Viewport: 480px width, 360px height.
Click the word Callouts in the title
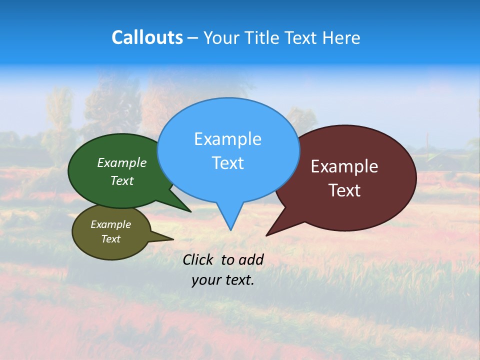[x=147, y=37]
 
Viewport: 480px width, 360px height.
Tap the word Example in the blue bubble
[x=227, y=139]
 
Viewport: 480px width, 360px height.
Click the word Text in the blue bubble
[x=227, y=163]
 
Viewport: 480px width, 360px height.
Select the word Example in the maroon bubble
[x=344, y=166]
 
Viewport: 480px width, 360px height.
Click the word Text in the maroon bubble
[x=344, y=190]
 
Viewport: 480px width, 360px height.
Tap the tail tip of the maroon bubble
[x=267, y=235]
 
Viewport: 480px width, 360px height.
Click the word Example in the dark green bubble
[x=122, y=163]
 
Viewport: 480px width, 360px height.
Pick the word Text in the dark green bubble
[x=122, y=181]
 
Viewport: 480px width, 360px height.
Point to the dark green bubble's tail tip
[x=190, y=211]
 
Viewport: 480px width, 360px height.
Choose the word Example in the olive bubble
[x=110, y=224]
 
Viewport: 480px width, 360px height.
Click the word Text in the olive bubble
[x=110, y=239]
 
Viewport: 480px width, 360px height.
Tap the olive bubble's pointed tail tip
[x=173, y=239]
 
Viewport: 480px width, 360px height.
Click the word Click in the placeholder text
[x=199, y=259]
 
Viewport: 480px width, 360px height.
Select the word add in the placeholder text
[x=251, y=259]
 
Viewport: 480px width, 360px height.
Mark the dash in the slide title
[x=193, y=37]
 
